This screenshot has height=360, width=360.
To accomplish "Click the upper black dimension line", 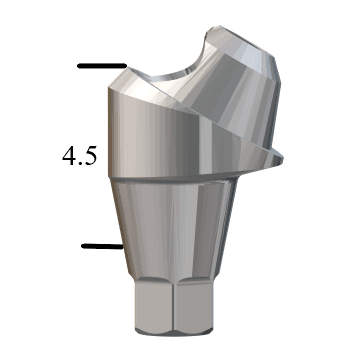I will (100, 67).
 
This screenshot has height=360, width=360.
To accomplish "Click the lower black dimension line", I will (101, 244).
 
